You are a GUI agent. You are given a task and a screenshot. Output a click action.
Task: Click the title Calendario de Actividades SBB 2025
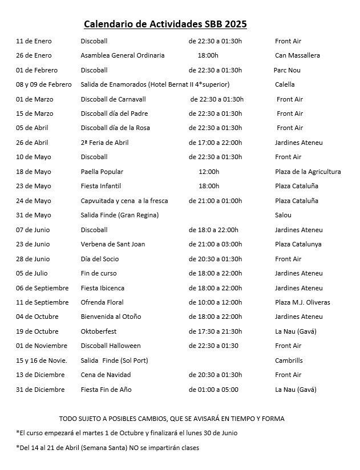coord(165,24)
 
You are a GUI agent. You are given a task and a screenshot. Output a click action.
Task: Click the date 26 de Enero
coord(34,55)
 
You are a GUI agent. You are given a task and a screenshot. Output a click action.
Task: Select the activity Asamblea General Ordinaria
coord(123,55)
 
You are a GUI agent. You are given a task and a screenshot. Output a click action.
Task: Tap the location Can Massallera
coord(297,55)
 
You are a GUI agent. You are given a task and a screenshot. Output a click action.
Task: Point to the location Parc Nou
coord(287,70)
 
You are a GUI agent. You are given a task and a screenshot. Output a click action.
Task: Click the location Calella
coord(285,84)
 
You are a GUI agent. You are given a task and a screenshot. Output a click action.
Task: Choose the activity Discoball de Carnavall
coord(115,99)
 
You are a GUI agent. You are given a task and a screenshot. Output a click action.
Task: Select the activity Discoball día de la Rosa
coord(115,128)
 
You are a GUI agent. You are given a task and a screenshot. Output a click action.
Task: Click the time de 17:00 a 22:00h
coord(215,143)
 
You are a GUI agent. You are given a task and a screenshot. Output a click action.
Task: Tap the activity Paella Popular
coord(102,172)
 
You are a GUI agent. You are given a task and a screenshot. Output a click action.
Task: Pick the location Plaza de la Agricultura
coord(308,172)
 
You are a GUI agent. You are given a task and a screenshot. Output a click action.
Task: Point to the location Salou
coord(283,215)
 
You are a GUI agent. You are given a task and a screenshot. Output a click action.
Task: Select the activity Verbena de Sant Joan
coord(113,244)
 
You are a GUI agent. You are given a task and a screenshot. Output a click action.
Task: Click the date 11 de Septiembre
coord(42,302)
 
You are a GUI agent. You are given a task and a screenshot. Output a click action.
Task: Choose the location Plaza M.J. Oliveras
coord(302,302)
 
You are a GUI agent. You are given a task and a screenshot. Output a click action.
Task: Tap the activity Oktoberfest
coord(99,331)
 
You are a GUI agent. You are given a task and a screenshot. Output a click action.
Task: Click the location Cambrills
coord(289,360)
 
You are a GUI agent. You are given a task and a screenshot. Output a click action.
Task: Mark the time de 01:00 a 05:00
coord(213,390)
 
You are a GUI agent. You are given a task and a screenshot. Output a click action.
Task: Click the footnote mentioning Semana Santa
coord(108,448)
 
